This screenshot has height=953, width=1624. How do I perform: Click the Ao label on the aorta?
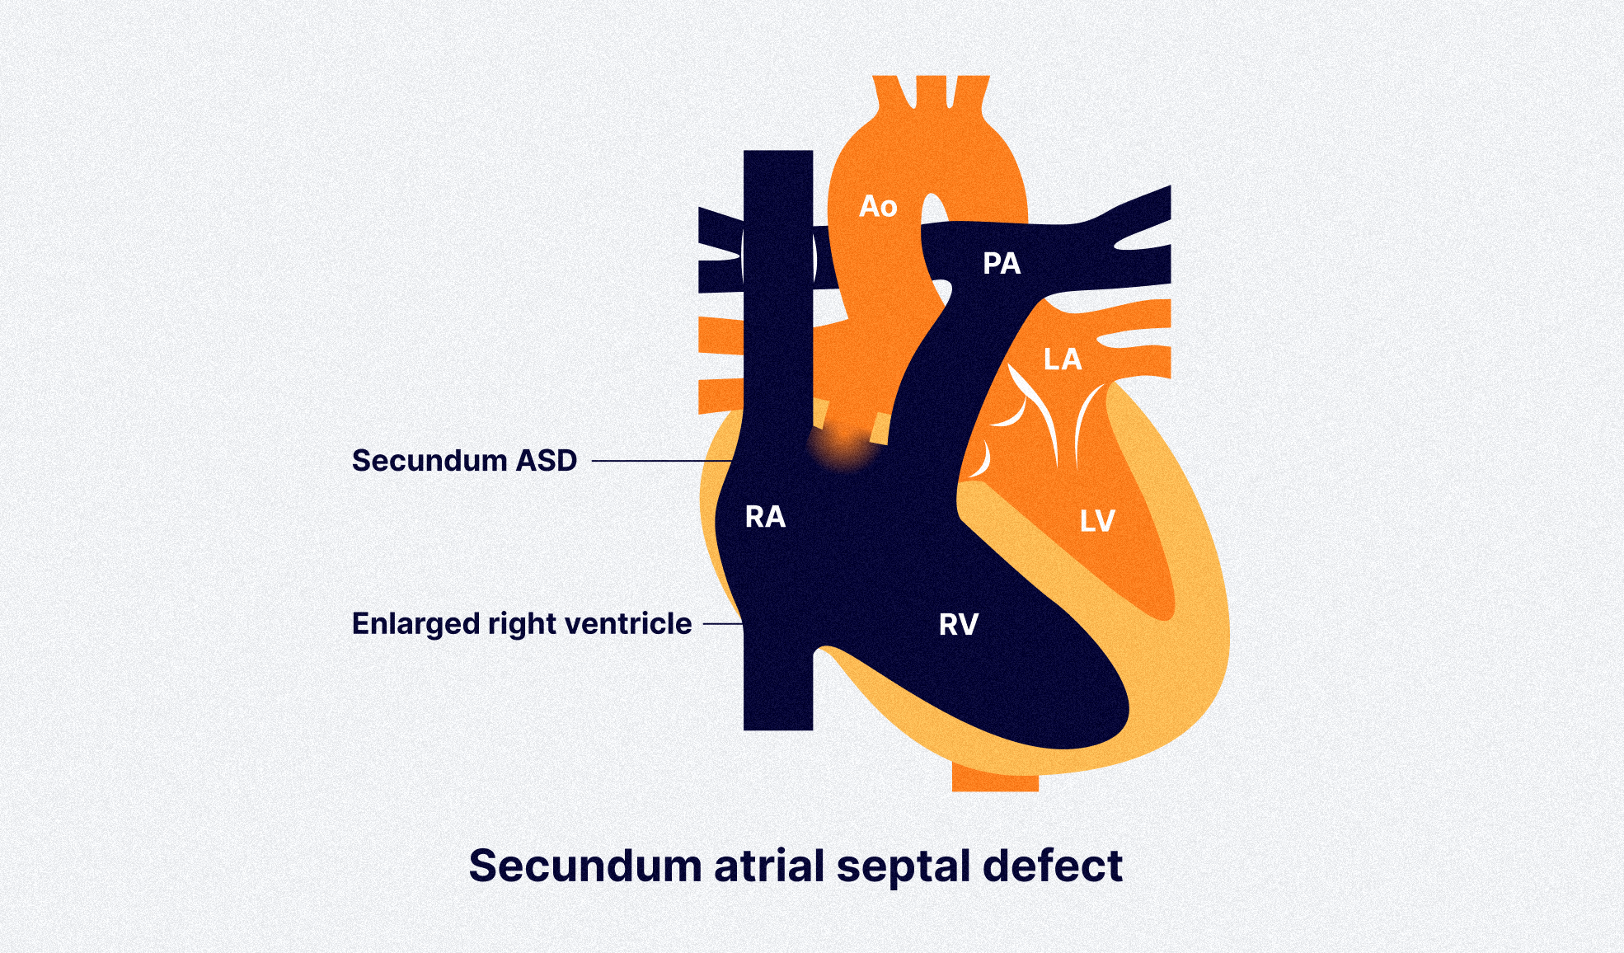click(x=878, y=206)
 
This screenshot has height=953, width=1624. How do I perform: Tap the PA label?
click(x=1002, y=264)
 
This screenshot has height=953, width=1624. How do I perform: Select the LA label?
click(x=1062, y=359)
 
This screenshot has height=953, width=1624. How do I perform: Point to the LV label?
click(x=1097, y=521)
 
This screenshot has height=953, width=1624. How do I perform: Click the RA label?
click(x=765, y=517)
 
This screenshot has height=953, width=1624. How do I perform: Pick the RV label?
click(x=959, y=625)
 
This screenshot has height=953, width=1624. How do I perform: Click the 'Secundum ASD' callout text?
click(x=464, y=460)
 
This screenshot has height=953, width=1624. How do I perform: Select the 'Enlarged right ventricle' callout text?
click(x=521, y=623)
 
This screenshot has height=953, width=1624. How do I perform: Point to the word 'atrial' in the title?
click(x=769, y=866)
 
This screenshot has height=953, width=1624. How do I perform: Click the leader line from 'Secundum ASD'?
click(x=659, y=461)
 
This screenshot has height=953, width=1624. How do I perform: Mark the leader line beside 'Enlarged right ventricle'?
click(x=722, y=624)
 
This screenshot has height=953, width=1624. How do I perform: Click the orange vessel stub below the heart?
click(x=995, y=779)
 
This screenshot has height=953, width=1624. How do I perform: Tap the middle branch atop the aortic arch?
click(x=932, y=91)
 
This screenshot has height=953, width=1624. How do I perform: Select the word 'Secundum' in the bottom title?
click(x=584, y=866)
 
